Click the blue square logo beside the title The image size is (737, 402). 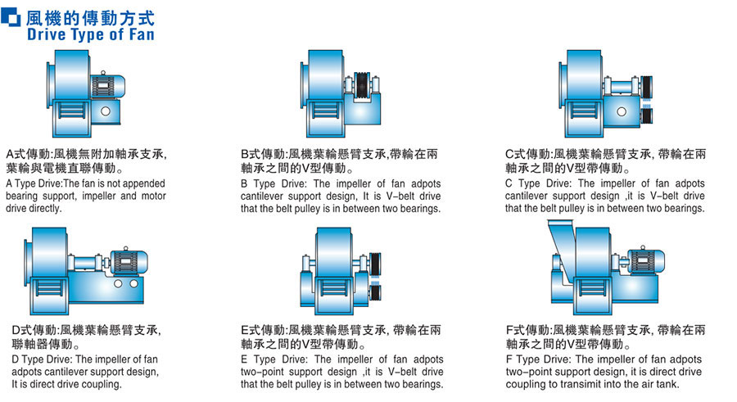11,17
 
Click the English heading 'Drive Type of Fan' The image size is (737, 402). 91,34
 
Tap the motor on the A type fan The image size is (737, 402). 108,86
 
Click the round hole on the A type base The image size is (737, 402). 106,111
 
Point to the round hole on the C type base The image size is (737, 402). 622,112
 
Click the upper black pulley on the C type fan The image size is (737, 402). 647,86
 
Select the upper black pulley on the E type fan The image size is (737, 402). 376,264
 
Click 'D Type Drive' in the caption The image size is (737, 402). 42,359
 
